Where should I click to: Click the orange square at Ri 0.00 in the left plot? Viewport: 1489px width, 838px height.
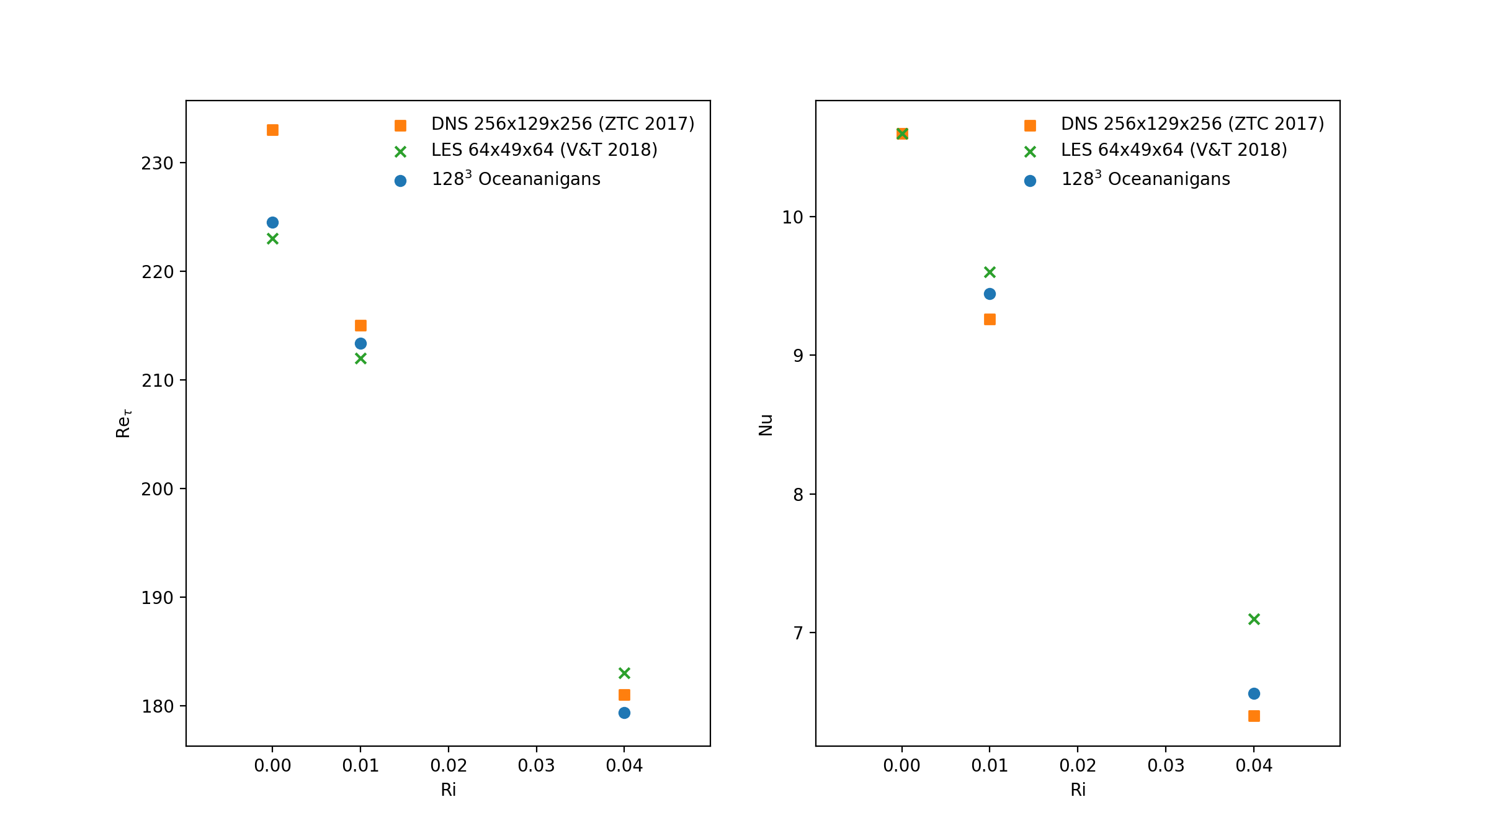pos(272,130)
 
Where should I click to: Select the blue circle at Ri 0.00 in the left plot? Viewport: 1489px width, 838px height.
pos(272,222)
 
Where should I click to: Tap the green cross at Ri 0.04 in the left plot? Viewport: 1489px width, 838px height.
pos(624,673)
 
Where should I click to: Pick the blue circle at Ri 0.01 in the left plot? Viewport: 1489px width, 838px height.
pos(360,343)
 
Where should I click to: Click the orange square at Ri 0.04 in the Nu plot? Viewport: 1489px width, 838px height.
pos(1254,716)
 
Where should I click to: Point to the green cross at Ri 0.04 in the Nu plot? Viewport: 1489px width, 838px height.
pos(1254,619)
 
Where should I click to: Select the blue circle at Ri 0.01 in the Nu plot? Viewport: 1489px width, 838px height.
pos(990,294)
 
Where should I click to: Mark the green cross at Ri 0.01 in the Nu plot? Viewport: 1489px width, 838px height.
pos(990,272)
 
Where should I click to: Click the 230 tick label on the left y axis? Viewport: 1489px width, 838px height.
pos(157,163)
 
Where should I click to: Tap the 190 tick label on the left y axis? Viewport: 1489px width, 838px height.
pos(157,598)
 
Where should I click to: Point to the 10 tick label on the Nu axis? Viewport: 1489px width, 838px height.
pos(792,217)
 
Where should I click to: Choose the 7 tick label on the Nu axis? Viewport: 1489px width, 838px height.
pos(798,633)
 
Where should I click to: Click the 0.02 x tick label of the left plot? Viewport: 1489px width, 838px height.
pos(449,765)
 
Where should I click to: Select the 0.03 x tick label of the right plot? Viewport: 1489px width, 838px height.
pos(1166,765)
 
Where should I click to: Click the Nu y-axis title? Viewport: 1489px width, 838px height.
pos(766,425)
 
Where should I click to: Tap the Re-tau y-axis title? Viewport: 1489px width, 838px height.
pos(123,423)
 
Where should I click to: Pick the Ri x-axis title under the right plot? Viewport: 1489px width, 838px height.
pos(1078,790)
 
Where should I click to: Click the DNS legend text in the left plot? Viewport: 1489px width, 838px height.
pos(563,124)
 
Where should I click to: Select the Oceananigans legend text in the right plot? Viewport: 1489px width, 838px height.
pos(1145,179)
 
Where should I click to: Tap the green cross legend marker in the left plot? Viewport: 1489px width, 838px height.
pos(400,151)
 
